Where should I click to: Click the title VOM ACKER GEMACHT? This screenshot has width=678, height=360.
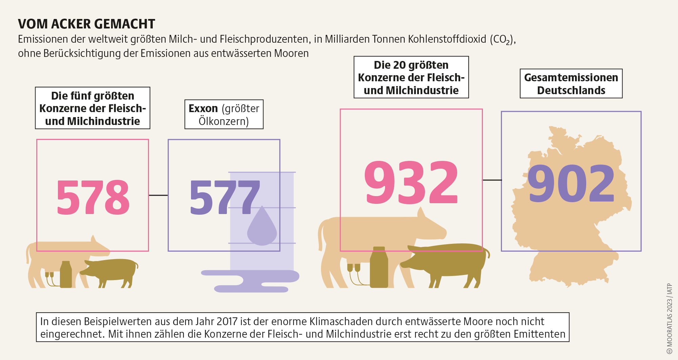[x=86, y=24]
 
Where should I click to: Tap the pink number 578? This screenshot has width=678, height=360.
[x=93, y=197]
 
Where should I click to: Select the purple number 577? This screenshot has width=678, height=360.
[x=225, y=197]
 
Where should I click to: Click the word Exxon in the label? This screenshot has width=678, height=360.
[x=203, y=108]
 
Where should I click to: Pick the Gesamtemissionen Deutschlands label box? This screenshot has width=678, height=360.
[x=571, y=84]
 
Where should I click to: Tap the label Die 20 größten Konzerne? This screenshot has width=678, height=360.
[x=411, y=77]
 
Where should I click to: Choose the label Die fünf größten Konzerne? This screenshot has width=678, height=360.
[x=92, y=108]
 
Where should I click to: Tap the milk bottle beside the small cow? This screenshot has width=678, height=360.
[x=66, y=274]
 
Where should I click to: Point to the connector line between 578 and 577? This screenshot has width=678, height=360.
[x=158, y=195]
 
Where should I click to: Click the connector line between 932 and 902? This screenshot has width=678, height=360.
[x=492, y=180]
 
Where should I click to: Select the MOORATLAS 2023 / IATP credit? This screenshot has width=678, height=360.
[x=670, y=318]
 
